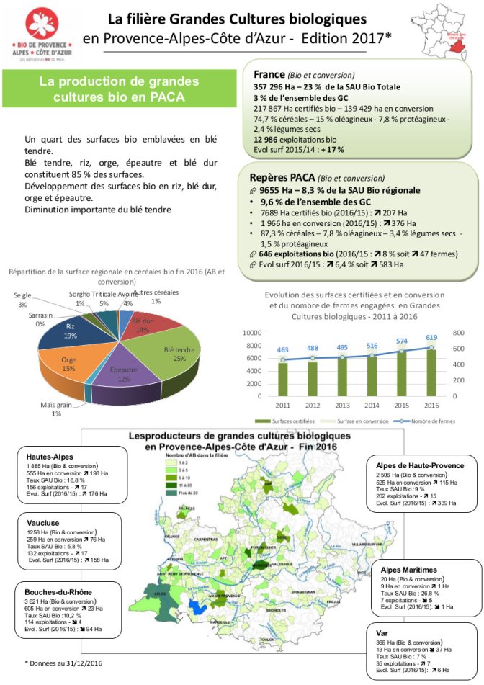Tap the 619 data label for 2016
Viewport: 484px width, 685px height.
coord(431,336)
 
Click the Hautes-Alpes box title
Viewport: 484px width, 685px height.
coord(50,457)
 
